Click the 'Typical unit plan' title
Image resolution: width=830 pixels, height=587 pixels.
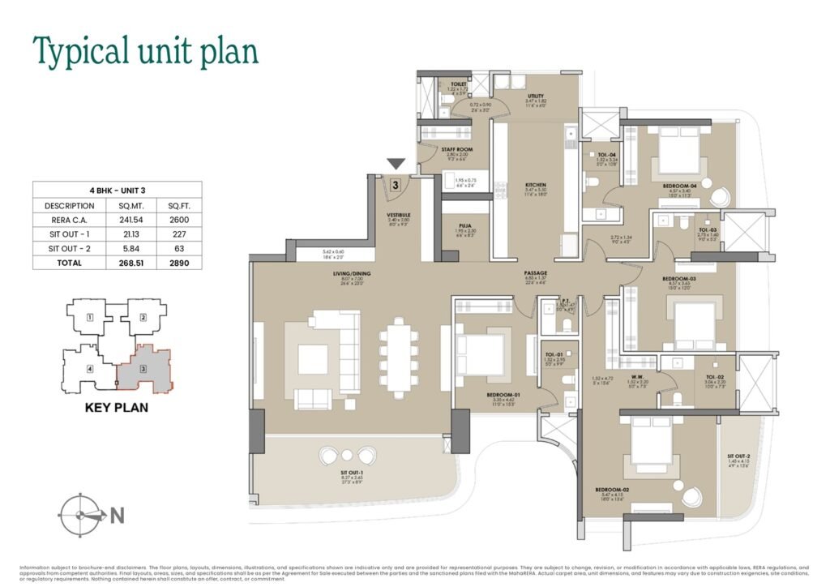[x=145, y=50]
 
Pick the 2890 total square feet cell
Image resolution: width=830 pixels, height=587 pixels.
[x=174, y=262]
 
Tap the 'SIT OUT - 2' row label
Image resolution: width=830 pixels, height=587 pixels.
[x=64, y=247]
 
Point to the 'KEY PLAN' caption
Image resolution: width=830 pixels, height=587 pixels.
[x=117, y=407]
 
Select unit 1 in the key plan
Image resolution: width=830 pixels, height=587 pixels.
[x=91, y=317]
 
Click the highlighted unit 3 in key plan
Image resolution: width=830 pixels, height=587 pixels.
[x=143, y=370]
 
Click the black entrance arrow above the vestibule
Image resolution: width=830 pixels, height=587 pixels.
[x=396, y=165]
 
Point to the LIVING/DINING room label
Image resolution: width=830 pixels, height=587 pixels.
[x=352, y=274]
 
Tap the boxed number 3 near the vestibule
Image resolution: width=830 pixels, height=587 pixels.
[x=395, y=184]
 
